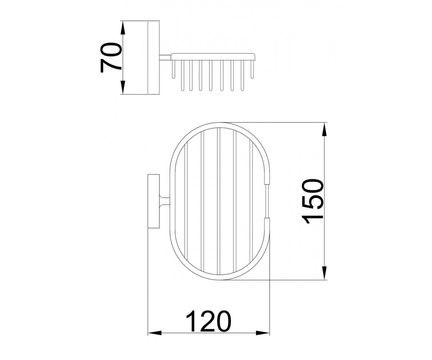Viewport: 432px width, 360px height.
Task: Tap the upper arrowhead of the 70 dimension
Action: (123, 28)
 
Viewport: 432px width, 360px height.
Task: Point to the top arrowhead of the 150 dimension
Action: (324, 129)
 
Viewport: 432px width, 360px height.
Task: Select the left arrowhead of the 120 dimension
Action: (154, 339)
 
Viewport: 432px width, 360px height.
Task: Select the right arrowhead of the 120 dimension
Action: (263, 339)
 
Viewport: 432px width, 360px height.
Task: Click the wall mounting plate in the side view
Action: (153, 58)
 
